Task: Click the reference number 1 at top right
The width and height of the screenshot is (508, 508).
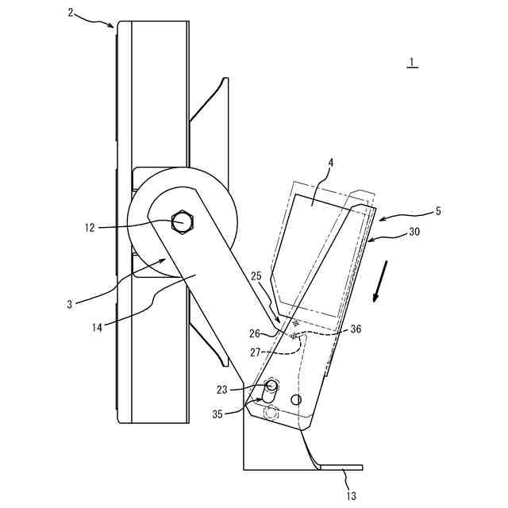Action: click(411, 63)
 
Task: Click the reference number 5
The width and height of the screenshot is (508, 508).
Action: click(438, 212)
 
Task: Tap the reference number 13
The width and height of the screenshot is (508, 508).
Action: click(351, 496)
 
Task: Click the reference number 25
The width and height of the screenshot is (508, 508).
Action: click(256, 276)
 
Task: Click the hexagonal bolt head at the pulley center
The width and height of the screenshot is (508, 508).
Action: click(183, 222)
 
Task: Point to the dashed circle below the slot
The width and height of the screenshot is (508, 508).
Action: click(271, 413)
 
